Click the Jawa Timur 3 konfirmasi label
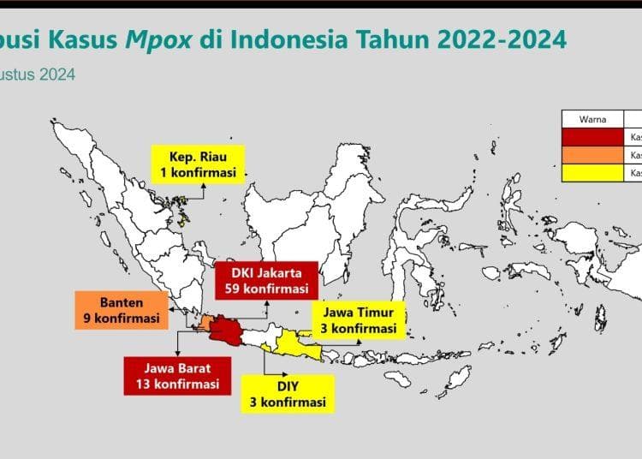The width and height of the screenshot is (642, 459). [358, 319]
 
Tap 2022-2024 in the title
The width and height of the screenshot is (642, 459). [496, 40]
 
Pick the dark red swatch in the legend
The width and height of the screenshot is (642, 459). [592, 137]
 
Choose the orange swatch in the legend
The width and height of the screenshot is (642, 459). [592, 155]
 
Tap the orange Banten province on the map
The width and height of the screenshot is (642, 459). [206, 322]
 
